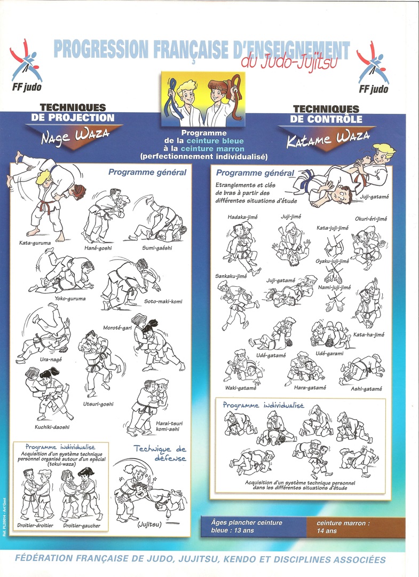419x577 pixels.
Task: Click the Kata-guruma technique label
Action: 35,243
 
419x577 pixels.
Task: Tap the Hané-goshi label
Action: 98,248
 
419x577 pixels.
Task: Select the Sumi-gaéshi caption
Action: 157,248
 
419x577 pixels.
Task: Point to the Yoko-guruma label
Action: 70,299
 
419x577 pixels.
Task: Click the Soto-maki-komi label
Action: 163,301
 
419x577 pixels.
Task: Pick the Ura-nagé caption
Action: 51,360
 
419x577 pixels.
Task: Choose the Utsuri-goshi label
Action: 98,404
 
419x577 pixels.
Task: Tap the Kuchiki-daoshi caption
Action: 52,427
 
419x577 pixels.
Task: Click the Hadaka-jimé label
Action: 242,217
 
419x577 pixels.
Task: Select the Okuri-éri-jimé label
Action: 371,219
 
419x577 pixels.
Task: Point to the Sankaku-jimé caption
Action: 231,276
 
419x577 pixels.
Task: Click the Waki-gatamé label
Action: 241,388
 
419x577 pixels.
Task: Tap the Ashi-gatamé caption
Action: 367,388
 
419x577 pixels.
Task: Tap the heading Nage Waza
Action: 75,136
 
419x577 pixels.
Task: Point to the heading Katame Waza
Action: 328,139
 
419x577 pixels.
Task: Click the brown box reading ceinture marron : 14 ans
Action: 356,527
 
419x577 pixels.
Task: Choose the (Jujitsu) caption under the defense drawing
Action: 149,525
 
